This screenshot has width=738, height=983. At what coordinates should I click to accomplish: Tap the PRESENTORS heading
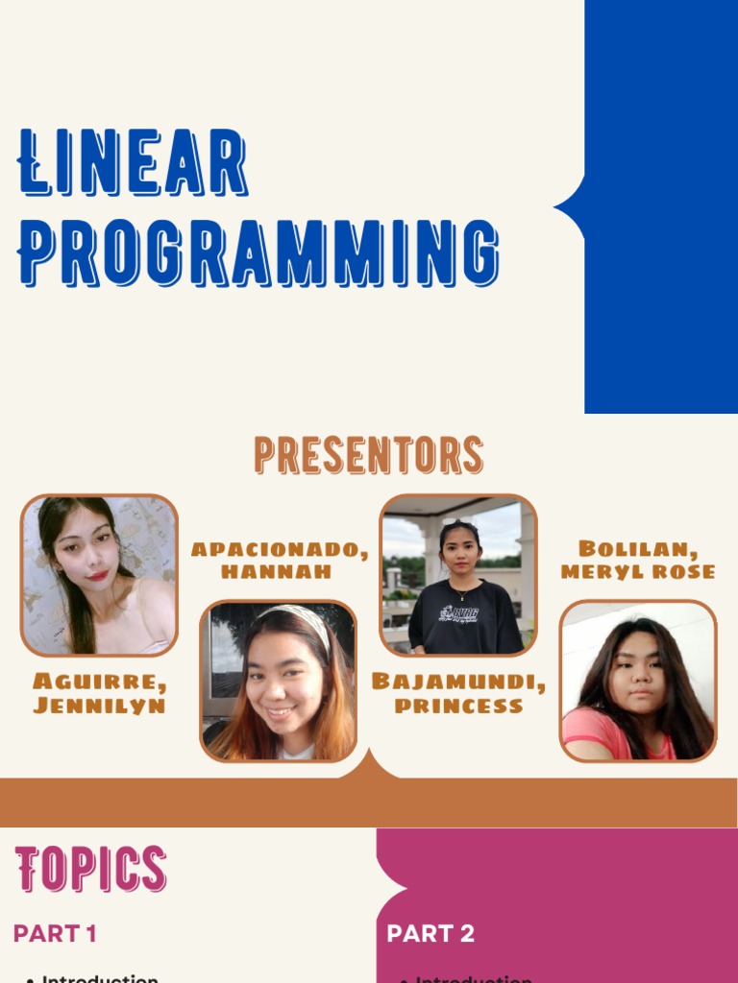click(x=369, y=455)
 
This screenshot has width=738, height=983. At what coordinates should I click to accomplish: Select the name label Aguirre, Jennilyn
click(x=100, y=693)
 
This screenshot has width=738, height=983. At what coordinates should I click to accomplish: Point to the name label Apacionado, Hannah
click(x=279, y=560)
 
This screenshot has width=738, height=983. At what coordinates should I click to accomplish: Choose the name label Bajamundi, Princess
click(x=459, y=693)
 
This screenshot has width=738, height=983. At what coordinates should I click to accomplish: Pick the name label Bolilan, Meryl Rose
click(x=638, y=560)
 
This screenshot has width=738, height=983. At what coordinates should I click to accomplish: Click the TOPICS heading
click(x=91, y=870)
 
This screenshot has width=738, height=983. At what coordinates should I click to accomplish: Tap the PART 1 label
click(x=55, y=933)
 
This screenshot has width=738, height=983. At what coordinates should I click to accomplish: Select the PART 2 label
click(x=430, y=934)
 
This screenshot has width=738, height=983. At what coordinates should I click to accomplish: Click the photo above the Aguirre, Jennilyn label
click(x=100, y=575)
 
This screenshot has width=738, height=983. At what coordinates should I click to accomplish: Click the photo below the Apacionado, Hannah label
click(x=279, y=681)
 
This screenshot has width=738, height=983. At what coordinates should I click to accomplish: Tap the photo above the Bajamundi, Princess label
click(x=458, y=575)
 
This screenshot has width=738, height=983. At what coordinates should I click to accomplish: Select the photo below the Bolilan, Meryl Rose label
click(x=638, y=681)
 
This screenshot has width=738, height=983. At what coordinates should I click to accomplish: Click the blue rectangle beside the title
click(x=661, y=206)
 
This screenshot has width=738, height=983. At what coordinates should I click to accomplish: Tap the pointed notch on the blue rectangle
click(x=567, y=206)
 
